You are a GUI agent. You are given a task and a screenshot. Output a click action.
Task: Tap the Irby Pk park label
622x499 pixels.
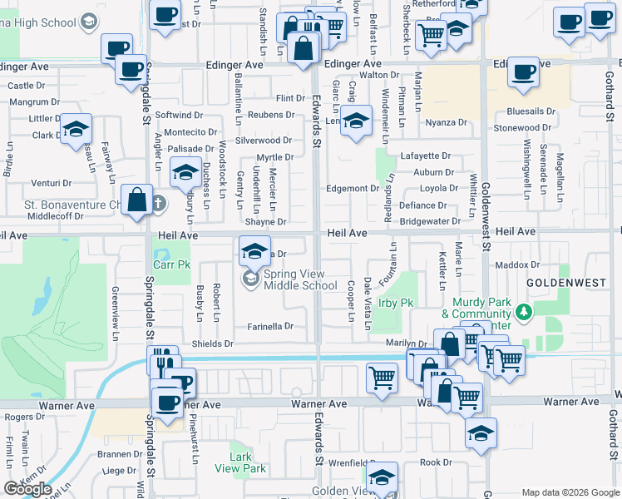(x=396, y=304)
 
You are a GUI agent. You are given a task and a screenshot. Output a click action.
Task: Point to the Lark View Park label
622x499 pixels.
(x=247, y=463)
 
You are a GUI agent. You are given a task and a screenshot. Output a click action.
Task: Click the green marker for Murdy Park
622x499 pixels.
(x=523, y=313)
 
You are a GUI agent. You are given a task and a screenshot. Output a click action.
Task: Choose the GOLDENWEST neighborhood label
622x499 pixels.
(x=566, y=283)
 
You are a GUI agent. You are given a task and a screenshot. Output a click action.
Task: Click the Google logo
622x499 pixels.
(x=27, y=489)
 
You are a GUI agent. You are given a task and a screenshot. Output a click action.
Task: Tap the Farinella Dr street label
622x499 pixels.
(x=271, y=327)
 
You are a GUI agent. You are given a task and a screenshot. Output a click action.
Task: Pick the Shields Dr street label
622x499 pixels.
(x=212, y=343)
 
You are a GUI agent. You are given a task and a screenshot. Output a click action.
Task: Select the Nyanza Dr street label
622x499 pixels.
(x=447, y=122)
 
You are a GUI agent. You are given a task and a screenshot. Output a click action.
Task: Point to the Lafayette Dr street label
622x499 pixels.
(x=425, y=156)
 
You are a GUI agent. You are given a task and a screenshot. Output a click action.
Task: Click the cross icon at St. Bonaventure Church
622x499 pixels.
(x=157, y=203)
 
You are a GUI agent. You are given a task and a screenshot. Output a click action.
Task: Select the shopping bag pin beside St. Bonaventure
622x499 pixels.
(x=137, y=201)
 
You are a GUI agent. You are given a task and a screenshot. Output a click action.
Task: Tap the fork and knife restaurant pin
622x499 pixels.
(x=164, y=362)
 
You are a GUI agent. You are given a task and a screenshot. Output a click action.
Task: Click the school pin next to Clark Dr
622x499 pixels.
(x=76, y=131)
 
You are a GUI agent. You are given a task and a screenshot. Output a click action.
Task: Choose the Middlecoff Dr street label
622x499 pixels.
(x=56, y=216)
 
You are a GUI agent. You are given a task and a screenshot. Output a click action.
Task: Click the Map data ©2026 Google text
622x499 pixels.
(x=570, y=492)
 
